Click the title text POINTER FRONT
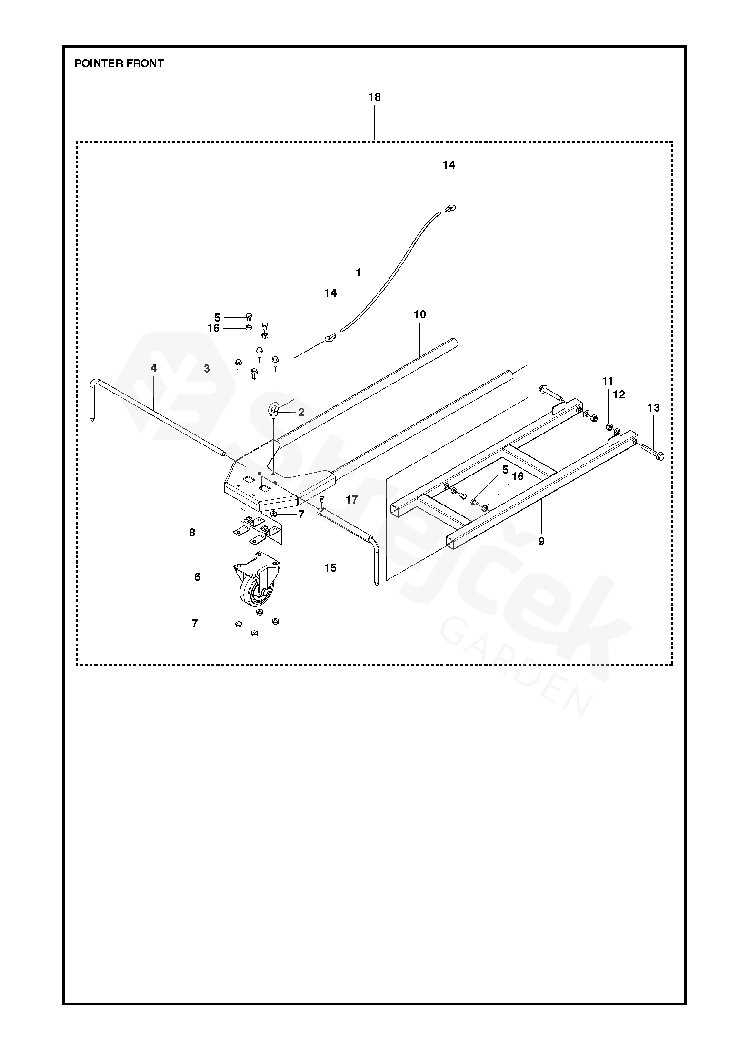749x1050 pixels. coord(119,63)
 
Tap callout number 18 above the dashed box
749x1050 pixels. coord(375,97)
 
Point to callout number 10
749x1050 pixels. coord(419,314)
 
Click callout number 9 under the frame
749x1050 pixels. coord(541,541)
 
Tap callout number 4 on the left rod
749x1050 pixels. coord(153,368)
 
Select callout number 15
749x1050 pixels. coord(330,568)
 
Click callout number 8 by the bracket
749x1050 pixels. coord(192,533)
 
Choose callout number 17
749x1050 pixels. coord(351,500)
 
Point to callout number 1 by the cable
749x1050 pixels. coord(358,273)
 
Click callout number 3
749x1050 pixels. coord(207,369)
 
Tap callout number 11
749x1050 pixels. coord(608,381)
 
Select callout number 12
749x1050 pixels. coord(619,394)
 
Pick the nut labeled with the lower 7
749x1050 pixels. coord(239,624)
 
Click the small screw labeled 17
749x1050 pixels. coord(322,499)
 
